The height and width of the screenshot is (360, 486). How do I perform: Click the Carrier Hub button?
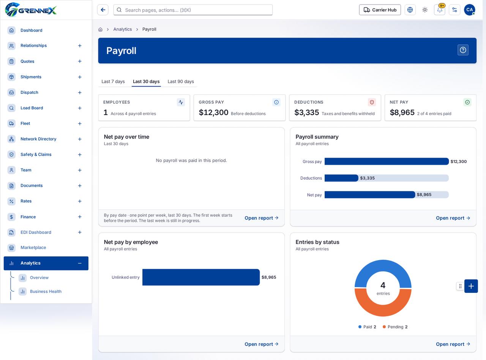[x=380, y=10]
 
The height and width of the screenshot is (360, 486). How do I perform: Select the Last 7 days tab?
[x=113, y=82]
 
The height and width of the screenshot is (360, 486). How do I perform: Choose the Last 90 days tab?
[x=181, y=82]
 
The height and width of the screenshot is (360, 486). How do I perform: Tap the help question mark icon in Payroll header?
[x=463, y=50]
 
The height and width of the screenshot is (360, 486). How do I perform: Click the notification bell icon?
[x=439, y=10]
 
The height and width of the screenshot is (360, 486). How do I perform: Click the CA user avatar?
[x=469, y=10]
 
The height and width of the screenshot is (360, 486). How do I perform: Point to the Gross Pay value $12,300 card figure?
[x=213, y=112]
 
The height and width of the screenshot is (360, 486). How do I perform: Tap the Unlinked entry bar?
[x=201, y=277]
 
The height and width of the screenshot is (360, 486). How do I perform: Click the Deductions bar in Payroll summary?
[x=341, y=178]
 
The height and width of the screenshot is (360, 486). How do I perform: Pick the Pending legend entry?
[x=395, y=327]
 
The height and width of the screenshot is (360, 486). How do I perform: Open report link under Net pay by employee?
[x=261, y=344]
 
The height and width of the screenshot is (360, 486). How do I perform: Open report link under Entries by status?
[x=453, y=344]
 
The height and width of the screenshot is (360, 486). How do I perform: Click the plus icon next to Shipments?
[x=80, y=77]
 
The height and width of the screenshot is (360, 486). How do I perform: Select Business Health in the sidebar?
[x=46, y=291]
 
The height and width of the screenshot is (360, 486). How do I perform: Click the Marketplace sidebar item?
[x=33, y=248]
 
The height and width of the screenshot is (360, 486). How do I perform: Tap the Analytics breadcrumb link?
[x=123, y=29]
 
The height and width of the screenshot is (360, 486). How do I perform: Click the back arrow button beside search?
[x=103, y=10]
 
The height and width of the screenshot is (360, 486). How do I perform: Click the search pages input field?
[x=193, y=10]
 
